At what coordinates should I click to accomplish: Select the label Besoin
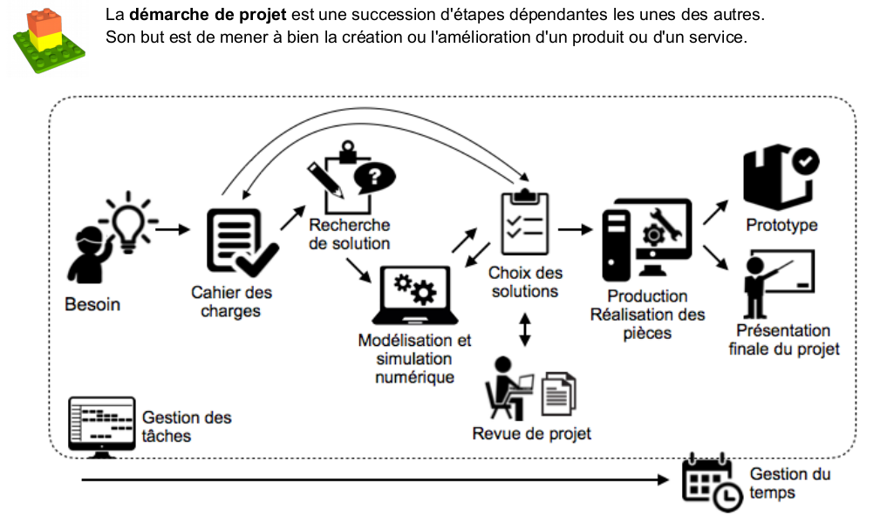(92, 305)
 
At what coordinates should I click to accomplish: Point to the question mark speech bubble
(372, 178)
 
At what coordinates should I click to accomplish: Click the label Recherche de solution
(349, 234)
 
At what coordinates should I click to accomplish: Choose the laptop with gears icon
(414, 296)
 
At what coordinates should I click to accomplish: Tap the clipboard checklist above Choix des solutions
(523, 215)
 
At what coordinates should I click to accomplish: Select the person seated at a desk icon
(509, 388)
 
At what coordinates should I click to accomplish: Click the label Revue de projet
(531, 433)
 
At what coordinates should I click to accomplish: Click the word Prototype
(781, 225)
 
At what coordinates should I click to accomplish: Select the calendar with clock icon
(709, 481)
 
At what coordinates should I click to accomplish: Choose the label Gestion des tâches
(187, 426)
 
